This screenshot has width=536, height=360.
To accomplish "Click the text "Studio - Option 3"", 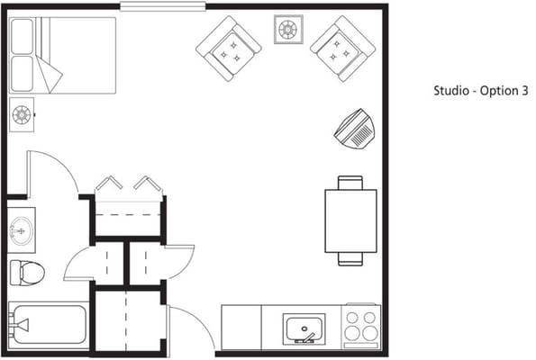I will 479,91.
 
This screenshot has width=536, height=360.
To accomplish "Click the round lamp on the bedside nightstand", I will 21,114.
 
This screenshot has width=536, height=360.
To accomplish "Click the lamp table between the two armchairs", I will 287,30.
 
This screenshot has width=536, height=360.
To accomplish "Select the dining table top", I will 350,220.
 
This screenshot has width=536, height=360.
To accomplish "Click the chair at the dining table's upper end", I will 350,183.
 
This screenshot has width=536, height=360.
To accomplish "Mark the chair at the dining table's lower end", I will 350,259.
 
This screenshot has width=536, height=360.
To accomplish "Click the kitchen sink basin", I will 306,328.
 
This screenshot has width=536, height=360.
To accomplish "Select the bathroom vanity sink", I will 21,230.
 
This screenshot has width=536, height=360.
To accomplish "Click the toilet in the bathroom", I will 27,271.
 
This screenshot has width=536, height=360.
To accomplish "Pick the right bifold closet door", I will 148,184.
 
